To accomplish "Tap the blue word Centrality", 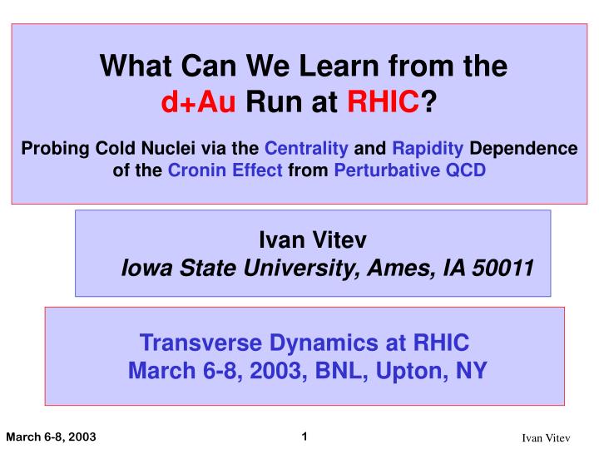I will (306, 149).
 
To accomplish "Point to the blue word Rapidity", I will (428, 149).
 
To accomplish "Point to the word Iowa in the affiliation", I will (144, 269).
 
